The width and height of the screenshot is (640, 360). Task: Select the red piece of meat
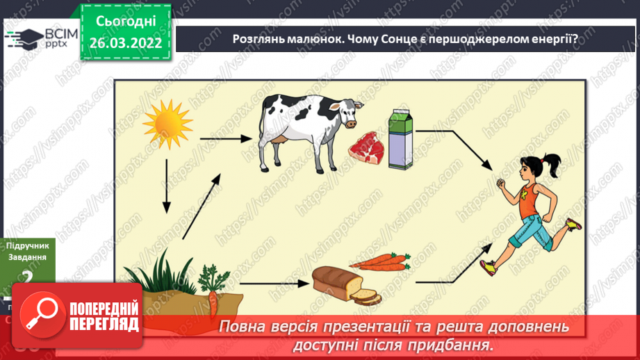[365, 147]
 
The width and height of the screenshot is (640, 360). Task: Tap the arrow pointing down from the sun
[167, 187]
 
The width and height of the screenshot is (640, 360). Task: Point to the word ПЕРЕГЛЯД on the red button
[104, 324]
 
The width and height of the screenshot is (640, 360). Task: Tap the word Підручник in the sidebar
[27, 245]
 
